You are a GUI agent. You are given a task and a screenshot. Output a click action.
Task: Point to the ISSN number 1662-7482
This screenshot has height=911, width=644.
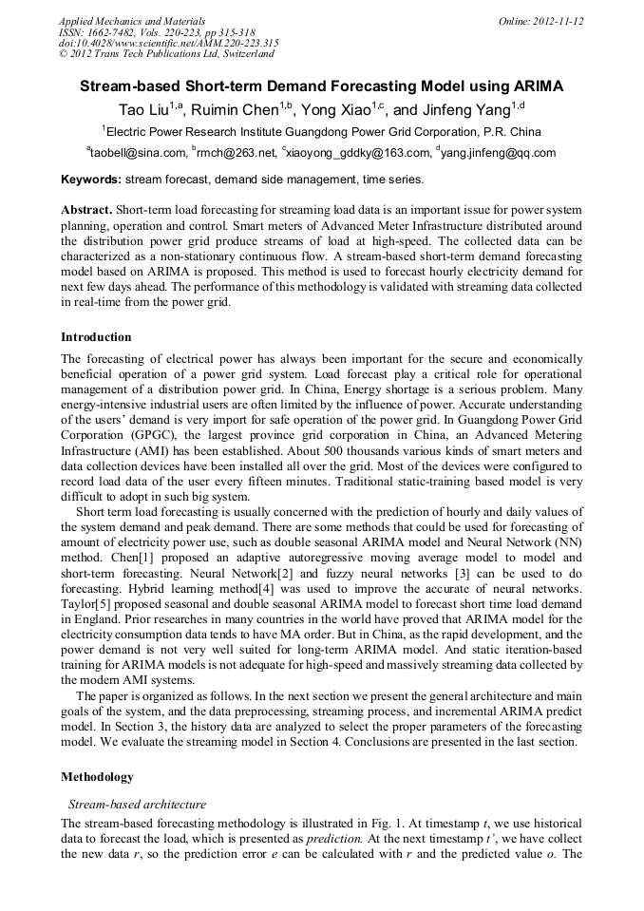pos(112,31)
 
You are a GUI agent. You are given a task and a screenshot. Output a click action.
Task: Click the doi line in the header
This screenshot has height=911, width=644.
pos(168,43)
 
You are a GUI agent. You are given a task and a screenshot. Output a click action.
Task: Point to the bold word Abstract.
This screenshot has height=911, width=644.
pos(86,209)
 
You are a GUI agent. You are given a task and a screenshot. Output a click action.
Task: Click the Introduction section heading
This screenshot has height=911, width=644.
pos(96,337)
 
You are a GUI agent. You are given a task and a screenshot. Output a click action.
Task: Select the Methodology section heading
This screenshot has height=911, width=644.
pos(97,777)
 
